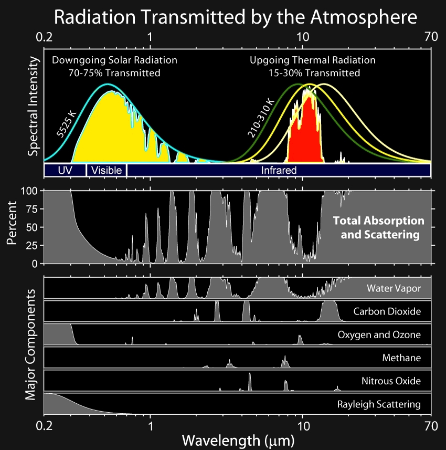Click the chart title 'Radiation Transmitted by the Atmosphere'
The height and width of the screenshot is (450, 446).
pos(235,18)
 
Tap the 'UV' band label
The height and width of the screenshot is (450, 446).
pos(64,170)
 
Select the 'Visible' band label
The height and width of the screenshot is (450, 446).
pos(107,170)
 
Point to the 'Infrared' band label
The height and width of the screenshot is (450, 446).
pos(279,170)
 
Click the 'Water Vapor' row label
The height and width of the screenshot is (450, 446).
pos(394,288)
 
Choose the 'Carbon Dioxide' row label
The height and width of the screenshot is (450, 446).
pos(387,311)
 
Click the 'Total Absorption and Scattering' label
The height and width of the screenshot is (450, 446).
pos(379,227)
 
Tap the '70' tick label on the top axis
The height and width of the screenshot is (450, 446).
pos(431,37)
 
